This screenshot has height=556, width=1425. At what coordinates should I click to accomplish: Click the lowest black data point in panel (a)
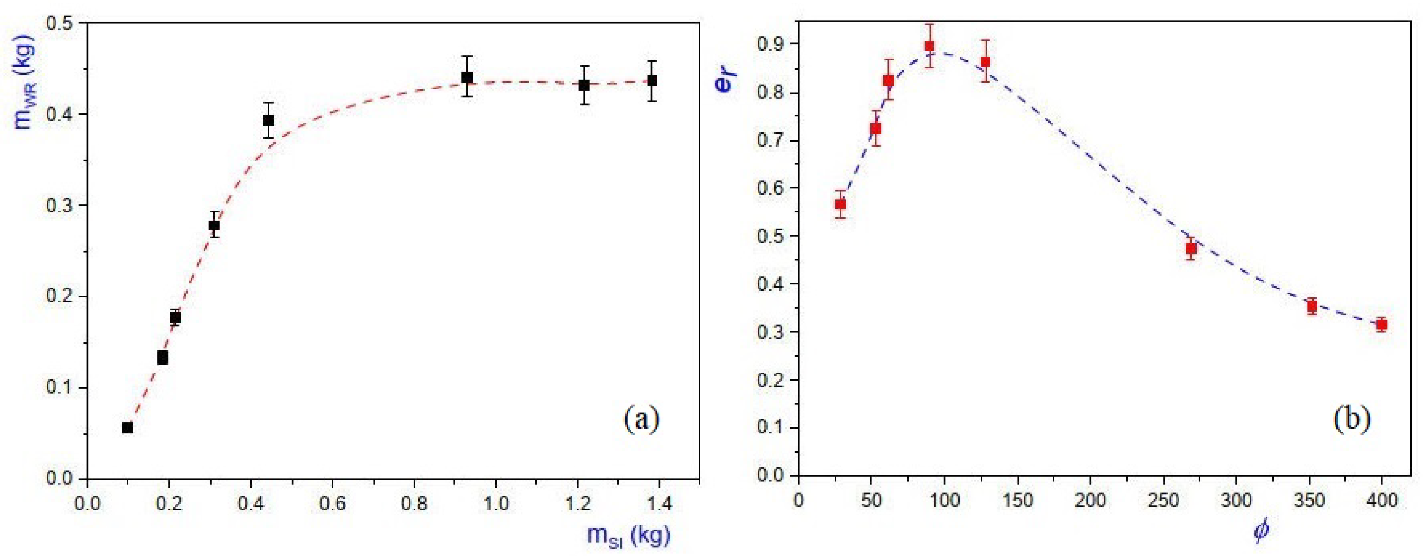click(127, 428)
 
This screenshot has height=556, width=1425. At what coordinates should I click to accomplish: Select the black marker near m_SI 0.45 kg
click(268, 120)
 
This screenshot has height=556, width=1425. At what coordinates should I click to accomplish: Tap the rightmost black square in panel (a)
click(652, 81)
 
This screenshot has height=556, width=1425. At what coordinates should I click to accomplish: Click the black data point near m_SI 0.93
click(467, 77)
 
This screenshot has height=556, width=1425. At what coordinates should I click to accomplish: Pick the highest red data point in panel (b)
click(930, 46)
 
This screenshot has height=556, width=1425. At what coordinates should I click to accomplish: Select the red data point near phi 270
click(1191, 249)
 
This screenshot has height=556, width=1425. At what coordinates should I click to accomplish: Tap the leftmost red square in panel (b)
click(840, 204)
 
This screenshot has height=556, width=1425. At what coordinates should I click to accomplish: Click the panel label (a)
click(641, 420)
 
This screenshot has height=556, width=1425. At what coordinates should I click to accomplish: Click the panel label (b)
click(1352, 420)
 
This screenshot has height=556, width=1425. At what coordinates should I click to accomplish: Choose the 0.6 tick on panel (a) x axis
click(332, 504)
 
